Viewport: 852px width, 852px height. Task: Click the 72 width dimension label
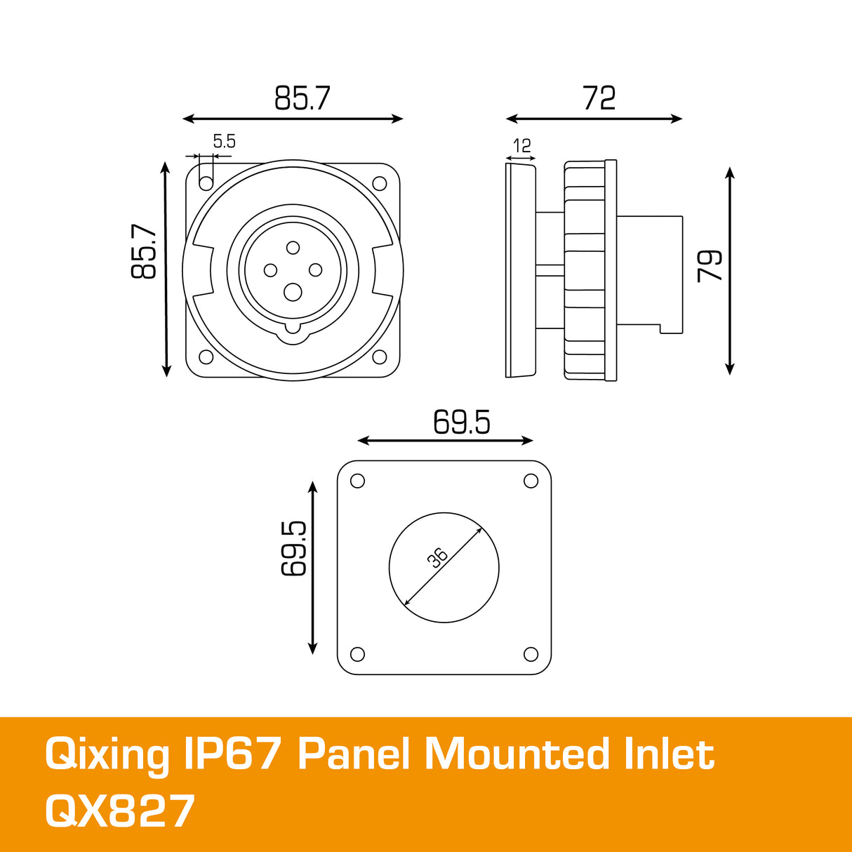599,98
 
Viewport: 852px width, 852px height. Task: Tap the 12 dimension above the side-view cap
521,146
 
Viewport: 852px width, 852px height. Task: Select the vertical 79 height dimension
710,265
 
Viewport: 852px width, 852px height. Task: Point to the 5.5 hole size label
224,142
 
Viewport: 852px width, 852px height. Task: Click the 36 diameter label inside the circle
437,557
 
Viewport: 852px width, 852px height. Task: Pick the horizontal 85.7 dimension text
302,98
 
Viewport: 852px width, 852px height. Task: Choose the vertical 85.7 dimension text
144,251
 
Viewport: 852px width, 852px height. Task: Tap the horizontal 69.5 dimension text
461,422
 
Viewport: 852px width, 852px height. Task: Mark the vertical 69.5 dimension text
294,548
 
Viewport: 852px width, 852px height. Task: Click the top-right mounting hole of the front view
380,184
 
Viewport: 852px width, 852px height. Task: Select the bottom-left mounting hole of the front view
206,357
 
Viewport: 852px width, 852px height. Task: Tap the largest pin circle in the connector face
293,292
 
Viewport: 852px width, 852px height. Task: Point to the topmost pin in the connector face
293,247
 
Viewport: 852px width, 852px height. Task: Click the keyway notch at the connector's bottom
293,330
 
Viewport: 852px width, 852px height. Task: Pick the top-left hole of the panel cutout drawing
357,481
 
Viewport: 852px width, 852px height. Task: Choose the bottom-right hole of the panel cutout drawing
531,655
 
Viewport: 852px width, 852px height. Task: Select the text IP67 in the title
232,755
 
